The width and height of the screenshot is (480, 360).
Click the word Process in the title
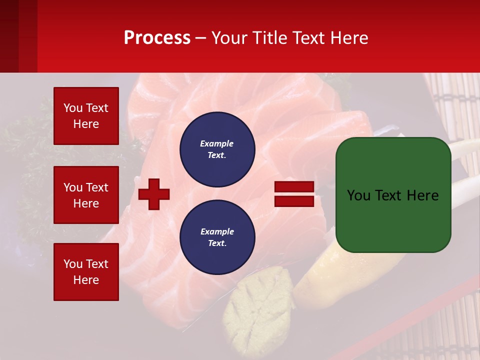157,38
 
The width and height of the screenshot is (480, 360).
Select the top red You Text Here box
86,116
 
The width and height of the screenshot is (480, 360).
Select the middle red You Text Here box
86,195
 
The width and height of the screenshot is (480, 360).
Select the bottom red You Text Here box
86,271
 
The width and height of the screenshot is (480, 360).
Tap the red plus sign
154,194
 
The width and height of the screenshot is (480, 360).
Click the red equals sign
294,194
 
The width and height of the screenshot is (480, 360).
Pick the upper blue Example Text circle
217,149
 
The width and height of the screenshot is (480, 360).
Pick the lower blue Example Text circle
217,237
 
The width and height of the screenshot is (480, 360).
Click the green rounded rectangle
393,194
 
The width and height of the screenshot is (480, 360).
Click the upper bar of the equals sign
294,187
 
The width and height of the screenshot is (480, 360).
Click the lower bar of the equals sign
294,201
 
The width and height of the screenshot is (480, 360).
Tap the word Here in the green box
422,195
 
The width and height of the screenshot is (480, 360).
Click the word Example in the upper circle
216,143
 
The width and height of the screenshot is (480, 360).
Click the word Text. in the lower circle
217,243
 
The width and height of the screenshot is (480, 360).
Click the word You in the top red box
73,108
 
